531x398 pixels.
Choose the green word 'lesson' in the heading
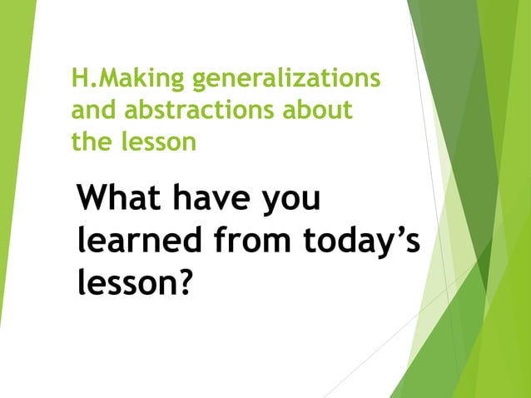[x=158, y=141]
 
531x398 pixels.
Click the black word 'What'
[x=122, y=201]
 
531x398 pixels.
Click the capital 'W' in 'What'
[x=92, y=201]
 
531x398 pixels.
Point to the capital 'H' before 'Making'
[x=80, y=80]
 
